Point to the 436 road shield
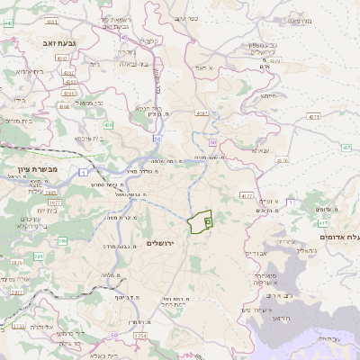pyautogui.click(x=108, y=125)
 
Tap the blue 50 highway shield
pyautogui.click(x=212, y=143)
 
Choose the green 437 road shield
pyautogui.click(x=346, y=147)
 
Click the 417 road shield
pyautogui.click(x=323, y=223)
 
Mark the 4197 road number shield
pyautogui.click(x=201, y=113)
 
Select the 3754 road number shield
pyautogui.click(x=140, y=336)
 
